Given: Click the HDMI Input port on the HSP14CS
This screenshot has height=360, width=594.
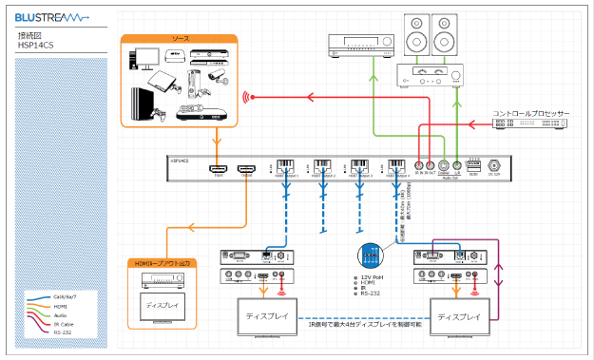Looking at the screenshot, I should pos(218,165).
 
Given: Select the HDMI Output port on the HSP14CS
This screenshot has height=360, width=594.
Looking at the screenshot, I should pos(246,165).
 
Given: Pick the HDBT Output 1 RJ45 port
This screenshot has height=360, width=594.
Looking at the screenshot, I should pos(284,164).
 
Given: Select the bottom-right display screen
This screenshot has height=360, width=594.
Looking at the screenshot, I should pos(460,315).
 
